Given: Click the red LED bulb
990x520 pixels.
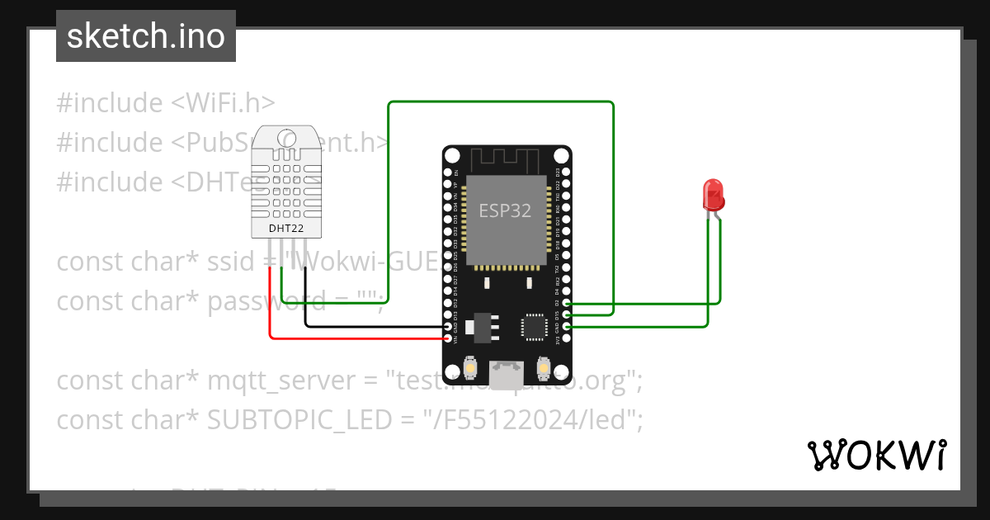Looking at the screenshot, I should click(x=712, y=195).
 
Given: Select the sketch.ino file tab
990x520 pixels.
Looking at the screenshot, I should click(x=146, y=36).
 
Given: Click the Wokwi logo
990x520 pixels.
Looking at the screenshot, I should click(x=876, y=455).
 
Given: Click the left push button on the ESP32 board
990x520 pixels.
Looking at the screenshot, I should click(x=469, y=366).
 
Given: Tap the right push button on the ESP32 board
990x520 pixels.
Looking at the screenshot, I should click(x=543, y=366).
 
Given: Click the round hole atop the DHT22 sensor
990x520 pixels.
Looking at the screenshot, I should click(x=287, y=138).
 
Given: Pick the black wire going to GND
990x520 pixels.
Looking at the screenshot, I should click(x=371, y=326).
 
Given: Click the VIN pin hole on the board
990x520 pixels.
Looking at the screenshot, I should click(x=449, y=338).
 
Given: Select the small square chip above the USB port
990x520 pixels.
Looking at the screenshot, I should click(x=532, y=327).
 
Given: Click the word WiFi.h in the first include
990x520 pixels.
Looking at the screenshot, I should click(x=223, y=103).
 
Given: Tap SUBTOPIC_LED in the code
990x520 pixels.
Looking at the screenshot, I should click(x=299, y=420).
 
